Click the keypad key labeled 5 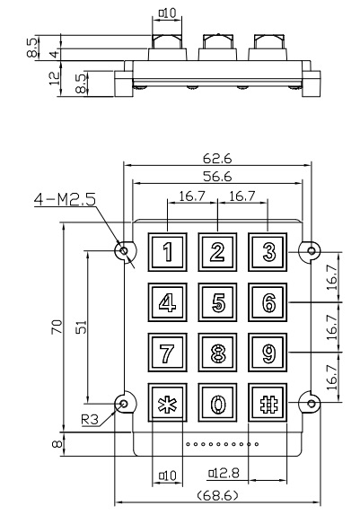point(217,302)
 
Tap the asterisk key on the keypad point(168,403)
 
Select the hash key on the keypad point(268,403)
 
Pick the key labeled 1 point(168,252)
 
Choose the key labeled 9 point(268,353)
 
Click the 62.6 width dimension point(217,159)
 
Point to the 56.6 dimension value point(217,177)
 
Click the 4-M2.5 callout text point(65,199)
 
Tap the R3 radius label point(90,420)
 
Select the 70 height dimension point(57,327)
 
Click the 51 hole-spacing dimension point(81,327)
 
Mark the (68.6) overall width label point(217,495)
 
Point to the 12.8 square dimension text point(224,473)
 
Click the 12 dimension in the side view point(55,79)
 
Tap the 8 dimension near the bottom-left point(57,444)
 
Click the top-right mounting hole point(312,250)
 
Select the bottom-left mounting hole point(124,404)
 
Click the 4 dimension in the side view point(55,53)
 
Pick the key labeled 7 point(168,353)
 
